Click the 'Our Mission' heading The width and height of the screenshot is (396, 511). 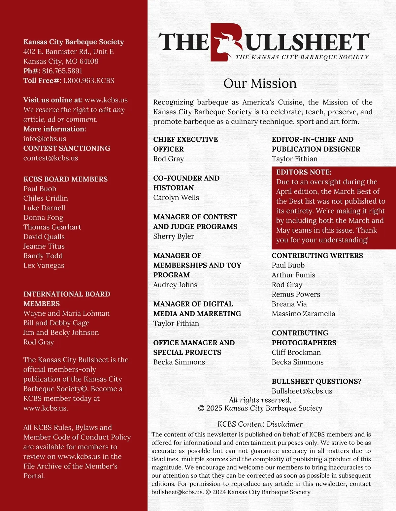pyautogui.click(x=260, y=83)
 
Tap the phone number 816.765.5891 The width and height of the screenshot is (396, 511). pyautogui.click(x=62, y=71)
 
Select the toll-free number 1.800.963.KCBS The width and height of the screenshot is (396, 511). pyautogui.click(x=88, y=80)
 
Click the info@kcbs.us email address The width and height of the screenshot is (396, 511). pyautogui.click(x=45, y=138)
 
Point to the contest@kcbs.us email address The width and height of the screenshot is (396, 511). pyautogui.click(x=50, y=158)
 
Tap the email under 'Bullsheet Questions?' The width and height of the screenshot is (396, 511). pyautogui.click(x=302, y=391)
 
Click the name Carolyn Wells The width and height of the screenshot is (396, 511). pyautogui.click(x=176, y=197)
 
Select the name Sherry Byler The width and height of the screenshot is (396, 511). pyautogui.click(x=174, y=236)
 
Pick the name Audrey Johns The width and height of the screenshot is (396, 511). pyautogui.click(x=175, y=285)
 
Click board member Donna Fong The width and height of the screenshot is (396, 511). pyautogui.click(x=43, y=217)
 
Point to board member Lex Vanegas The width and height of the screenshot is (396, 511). pyautogui.click(x=44, y=265)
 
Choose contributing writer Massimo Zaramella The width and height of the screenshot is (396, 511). pyautogui.click(x=303, y=314)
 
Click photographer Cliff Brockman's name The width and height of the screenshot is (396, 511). pyautogui.click(x=296, y=352)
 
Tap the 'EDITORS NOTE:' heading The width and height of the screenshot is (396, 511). pyautogui.click(x=304, y=172)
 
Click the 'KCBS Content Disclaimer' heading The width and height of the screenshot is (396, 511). pyautogui.click(x=260, y=424)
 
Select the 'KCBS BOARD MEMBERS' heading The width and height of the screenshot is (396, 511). pyautogui.click(x=65, y=179)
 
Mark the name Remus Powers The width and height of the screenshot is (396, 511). pyautogui.click(x=296, y=294)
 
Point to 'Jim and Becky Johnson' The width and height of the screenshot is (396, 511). pyautogui.click(x=61, y=332)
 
